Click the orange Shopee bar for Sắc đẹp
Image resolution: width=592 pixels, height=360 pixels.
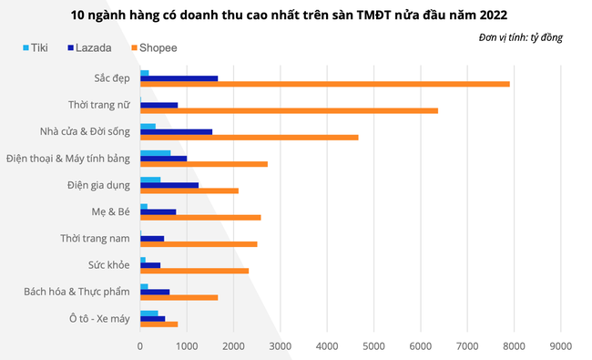coord(324,84)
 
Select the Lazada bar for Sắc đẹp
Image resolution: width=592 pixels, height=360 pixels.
coord(179,78)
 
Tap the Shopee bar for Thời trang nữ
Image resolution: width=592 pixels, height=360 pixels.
coord(289,110)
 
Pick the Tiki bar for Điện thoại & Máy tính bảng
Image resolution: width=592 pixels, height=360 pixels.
coord(155,152)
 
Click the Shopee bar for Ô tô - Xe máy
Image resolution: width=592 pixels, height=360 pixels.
coord(158,324)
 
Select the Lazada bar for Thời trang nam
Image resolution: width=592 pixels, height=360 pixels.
coord(152,238)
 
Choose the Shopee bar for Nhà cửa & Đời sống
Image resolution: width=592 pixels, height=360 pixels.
coord(249,137)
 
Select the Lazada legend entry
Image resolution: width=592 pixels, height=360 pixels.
coord(85,46)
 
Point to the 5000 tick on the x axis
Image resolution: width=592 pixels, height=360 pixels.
coord(373,346)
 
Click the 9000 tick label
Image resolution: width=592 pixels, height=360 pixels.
coord(560,346)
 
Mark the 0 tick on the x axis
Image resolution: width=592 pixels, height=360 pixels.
coord(140,346)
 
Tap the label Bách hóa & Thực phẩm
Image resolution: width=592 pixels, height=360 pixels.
coord(77,292)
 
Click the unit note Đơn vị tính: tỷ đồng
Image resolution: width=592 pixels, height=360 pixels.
coord(520,36)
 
